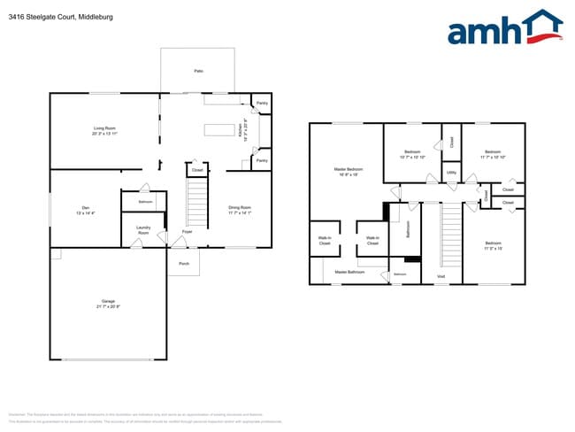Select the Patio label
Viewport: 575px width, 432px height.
tap(198, 70)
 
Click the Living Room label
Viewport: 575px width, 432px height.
tap(104, 128)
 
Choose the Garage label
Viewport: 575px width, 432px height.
tap(108, 302)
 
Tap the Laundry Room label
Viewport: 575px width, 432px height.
tap(143, 229)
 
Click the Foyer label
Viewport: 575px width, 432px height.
tap(188, 231)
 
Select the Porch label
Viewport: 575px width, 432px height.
tap(184, 263)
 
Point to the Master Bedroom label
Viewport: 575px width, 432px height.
tap(348, 168)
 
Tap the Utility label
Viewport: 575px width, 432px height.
tap(451, 173)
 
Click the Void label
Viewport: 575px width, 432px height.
tap(441, 277)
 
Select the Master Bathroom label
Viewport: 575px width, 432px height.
tap(349, 272)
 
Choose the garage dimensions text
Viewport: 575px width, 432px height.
tap(108, 306)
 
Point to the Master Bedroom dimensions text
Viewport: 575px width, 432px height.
tap(348, 174)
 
